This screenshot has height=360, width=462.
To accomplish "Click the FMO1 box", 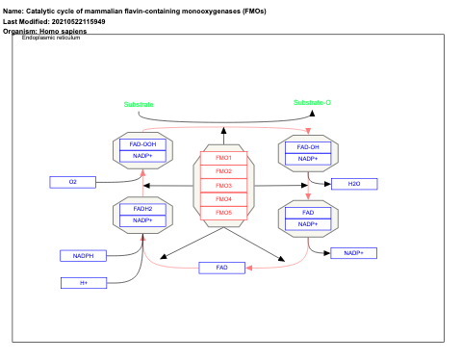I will [223, 157].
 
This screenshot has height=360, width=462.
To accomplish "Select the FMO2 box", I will [223, 171].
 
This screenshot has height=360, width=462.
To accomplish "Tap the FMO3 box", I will [223, 185].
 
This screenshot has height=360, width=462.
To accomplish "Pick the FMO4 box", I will [223, 198].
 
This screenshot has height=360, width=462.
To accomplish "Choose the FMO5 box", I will [223, 212].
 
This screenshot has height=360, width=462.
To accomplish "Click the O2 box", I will [73, 181].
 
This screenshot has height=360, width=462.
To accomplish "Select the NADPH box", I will [83, 255].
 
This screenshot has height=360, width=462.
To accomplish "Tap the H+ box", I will [84, 282].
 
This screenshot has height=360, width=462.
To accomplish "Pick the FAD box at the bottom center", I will [222, 267].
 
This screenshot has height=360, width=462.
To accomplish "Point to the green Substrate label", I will [139, 104].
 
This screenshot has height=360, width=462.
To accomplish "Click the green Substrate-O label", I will [313, 102].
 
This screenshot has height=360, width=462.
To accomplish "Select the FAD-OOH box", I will [142, 144].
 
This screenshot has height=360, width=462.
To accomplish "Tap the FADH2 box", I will [142, 208].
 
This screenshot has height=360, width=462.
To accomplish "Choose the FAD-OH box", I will [308, 146].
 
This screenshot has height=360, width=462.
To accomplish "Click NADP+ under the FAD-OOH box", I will [142, 156].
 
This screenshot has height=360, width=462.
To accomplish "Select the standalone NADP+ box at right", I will [353, 252].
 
